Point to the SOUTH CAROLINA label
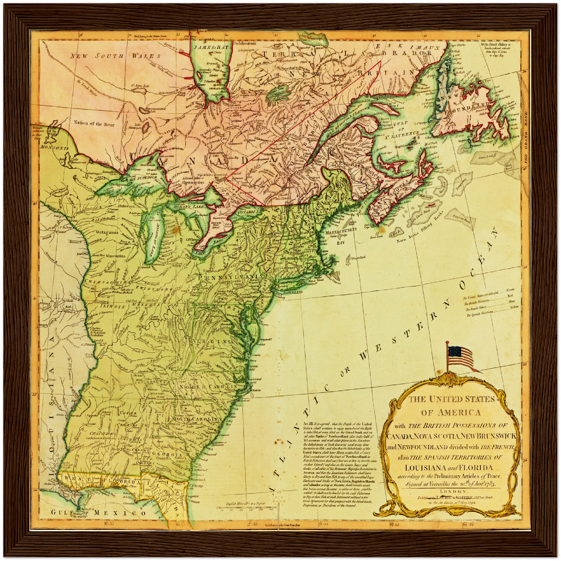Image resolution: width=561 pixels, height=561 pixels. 198,420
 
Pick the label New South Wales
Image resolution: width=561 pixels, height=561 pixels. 102,56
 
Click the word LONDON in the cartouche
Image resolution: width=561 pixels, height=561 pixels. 449,492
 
